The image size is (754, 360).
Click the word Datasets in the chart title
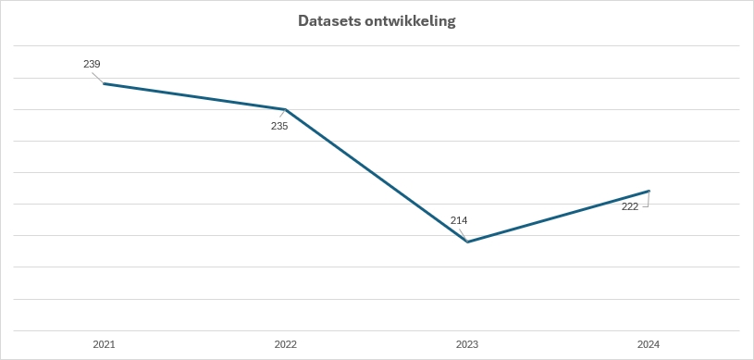pyautogui.click(x=329, y=20)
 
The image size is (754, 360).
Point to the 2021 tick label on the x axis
pyautogui.click(x=104, y=344)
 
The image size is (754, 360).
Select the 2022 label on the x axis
pyautogui.click(x=285, y=344)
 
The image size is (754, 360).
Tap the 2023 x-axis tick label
pyautogui.click(x=467, y=344)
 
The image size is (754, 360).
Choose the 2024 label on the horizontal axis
pyautogui.click(x=649, y=344)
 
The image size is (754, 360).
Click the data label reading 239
pyautogui.click(x=92, y=64)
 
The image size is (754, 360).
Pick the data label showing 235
pyautogui.click(x=279, y=126)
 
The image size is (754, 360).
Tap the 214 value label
pyautogui.click(x=459, y=220)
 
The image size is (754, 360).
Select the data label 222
pyautogui.click(x=630, y=206)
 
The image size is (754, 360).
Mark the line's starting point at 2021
pyautogui.click(x=104, y=83)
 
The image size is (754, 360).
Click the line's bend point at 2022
pyautogui.click(x=285, y=109)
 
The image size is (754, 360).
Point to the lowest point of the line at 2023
pyautogui.click(x=467, y=242)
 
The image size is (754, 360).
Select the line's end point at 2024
pyautogui.click(x=649, y=191)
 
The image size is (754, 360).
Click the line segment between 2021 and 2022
pyautogui.click(x=194, y=96)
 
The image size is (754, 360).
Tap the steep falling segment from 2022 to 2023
pyautogui.click(x=376, y=175)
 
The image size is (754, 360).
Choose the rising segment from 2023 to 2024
pyautogui.click(x=558, y=217)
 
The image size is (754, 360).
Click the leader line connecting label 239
pyautogui.click(x=97, y=76)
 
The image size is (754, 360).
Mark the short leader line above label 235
pyautogui.click(x=282, y=115)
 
